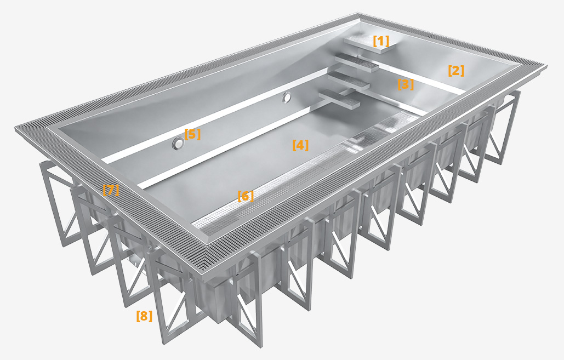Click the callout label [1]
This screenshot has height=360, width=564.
click(x=381, y=41)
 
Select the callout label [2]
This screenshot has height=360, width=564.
click(x=456, y=71)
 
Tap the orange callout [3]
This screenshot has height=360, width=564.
click(x=406, y=84)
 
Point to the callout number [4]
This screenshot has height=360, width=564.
click(x=300, y=145)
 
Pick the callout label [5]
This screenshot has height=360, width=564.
click(x=192, y=134)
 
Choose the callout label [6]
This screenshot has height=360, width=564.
click(x=246, y=196)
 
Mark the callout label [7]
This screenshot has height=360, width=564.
click(x=111, y=190)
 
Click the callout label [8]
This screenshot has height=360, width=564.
click(x=144, y=316)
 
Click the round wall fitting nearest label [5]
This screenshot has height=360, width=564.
click(x=178, y=144)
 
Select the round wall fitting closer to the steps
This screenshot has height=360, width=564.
click(x=287, y=98)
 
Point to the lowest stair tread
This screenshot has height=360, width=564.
click(x=340, y=99)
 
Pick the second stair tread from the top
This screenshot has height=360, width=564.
click(x=357, y=64)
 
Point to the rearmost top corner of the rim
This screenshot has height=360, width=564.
click(x=359, y=15)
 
